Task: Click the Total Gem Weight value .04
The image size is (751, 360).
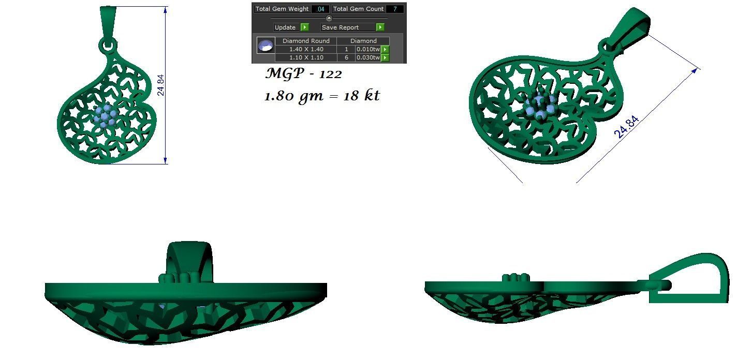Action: point(320,9)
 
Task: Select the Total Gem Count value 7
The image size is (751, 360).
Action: point(394,9)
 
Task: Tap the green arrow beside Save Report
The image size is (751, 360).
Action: point(380,27)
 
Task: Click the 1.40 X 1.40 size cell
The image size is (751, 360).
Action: point(306,49)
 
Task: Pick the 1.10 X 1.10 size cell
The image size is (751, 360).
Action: point(306,57)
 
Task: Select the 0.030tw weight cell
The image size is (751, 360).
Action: point(368,57)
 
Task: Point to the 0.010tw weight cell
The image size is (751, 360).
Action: point(368,49)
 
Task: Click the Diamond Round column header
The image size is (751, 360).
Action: point(306,41)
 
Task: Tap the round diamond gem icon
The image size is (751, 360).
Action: point(266,46)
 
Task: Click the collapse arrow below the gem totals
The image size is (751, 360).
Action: point(329,18)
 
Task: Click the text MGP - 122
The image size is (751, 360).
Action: point(304,74)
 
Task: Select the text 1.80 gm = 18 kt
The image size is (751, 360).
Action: point(322,96)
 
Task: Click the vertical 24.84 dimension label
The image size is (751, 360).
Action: point(161,85)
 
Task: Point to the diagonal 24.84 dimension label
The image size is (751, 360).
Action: point(627,127)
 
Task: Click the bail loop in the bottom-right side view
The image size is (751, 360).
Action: point(694,279)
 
